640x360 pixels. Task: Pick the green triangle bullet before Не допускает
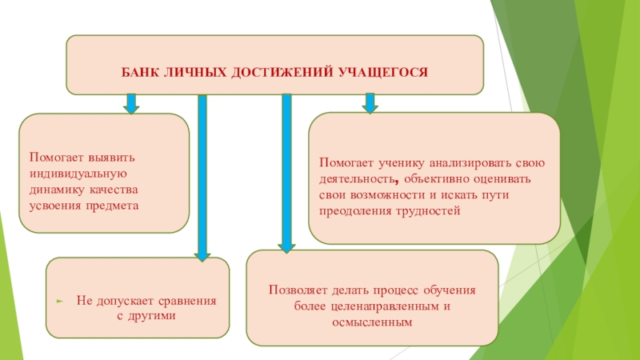point(59,302)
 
